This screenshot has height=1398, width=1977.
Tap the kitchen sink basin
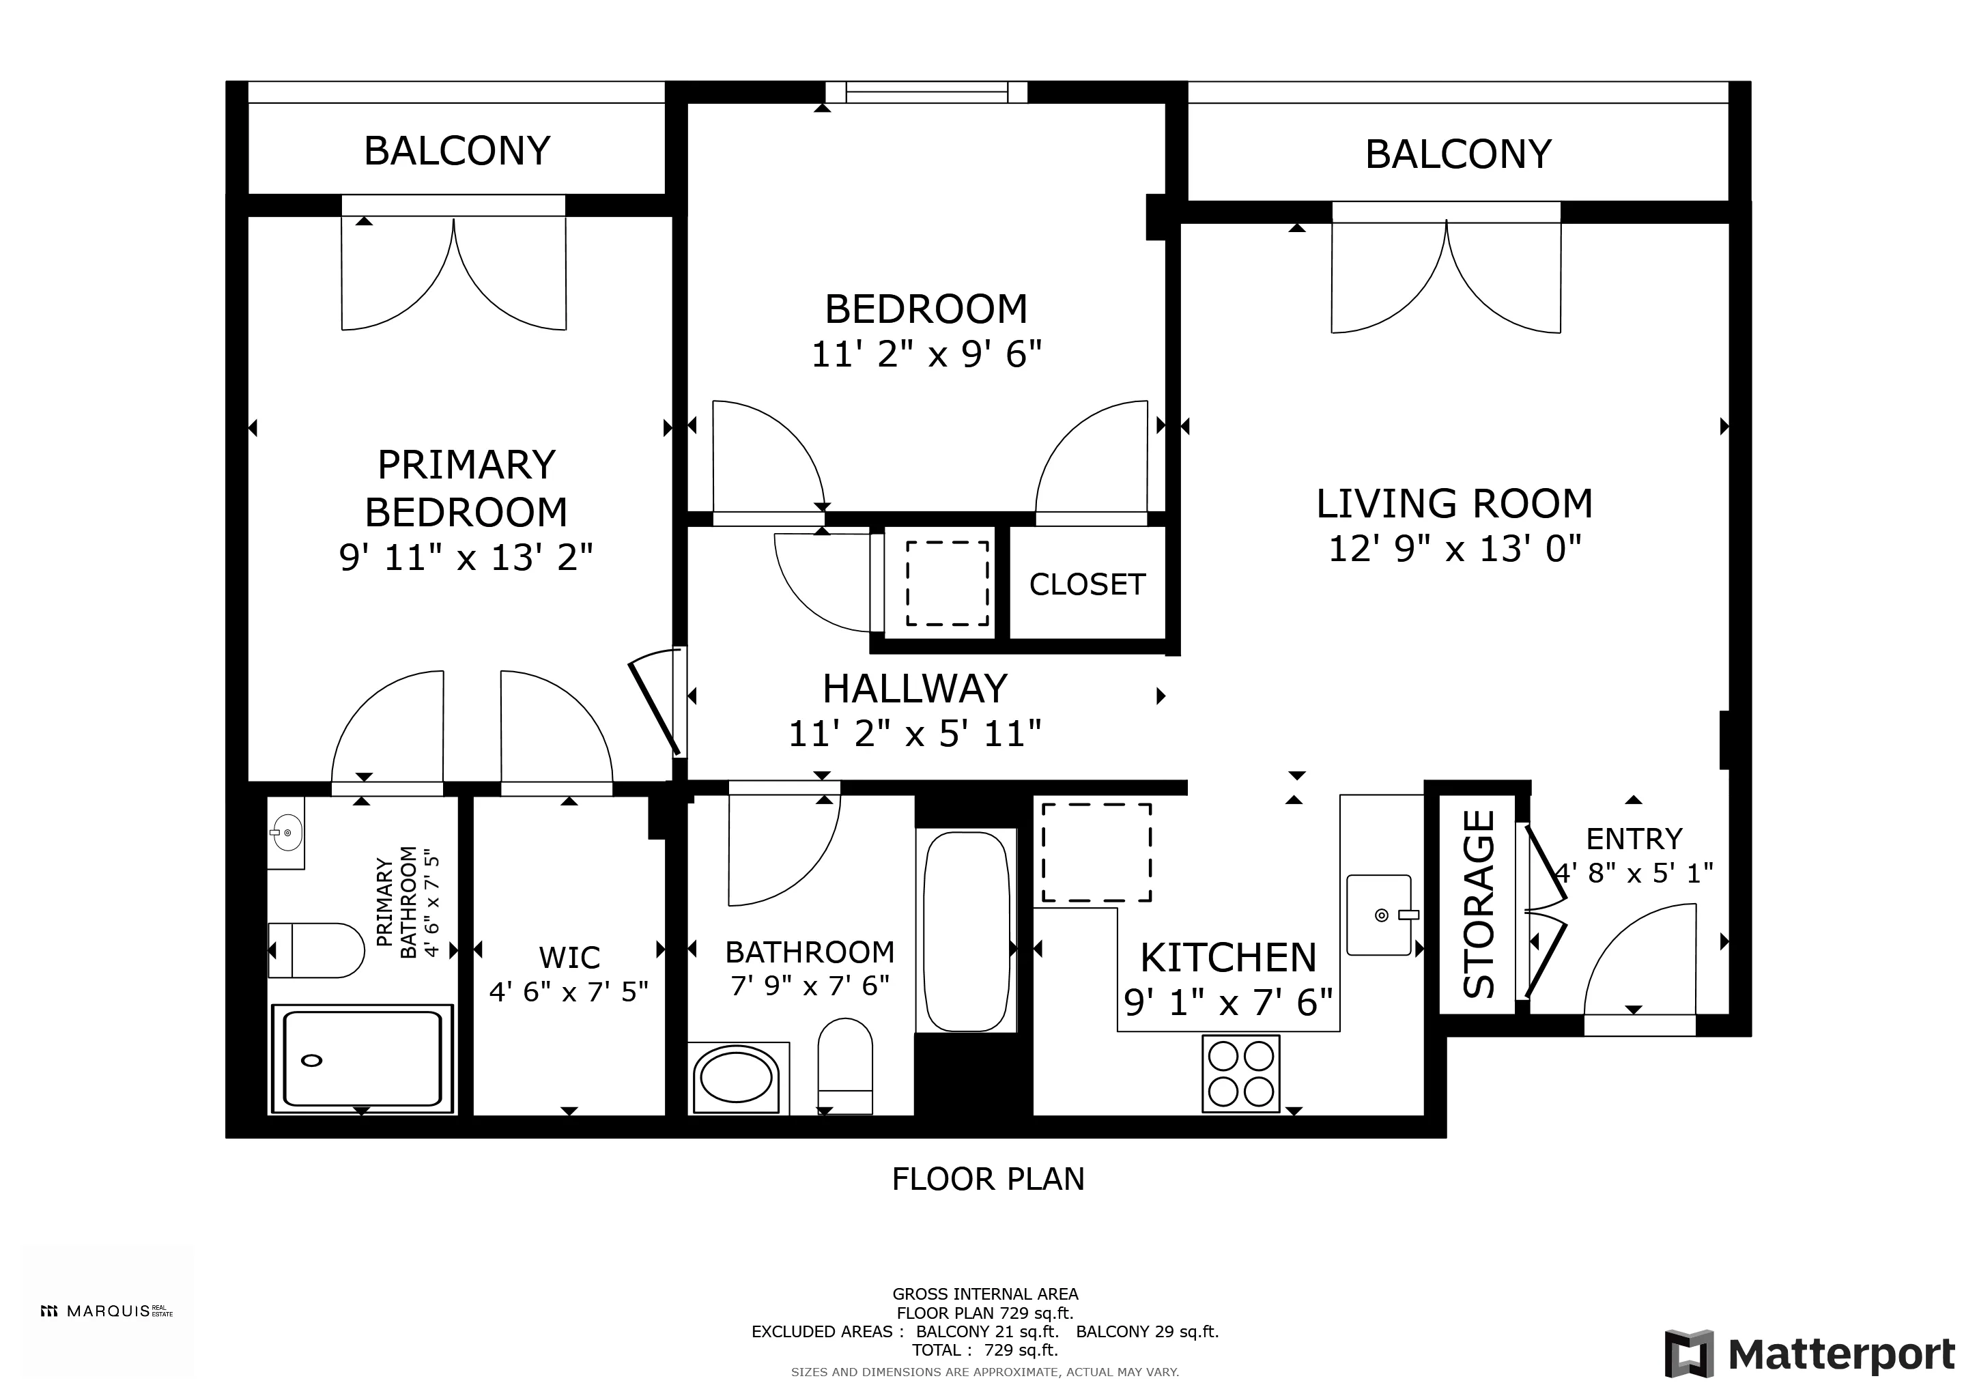click(1378, 915)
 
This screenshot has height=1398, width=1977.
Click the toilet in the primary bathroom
click(317, 950)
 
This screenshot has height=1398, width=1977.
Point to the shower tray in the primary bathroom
click(362, 1059)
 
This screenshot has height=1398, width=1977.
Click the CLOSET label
click(1087, 584)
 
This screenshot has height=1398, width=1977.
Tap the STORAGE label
click(1479, 904)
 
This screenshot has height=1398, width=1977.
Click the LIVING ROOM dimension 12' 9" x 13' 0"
click(1454, 548)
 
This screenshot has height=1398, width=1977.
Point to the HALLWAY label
click(915, 689)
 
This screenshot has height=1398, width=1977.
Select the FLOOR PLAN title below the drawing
click(988, 1178)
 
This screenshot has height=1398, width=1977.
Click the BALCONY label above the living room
click(1457, 154)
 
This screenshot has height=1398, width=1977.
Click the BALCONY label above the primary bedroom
click(457, 151)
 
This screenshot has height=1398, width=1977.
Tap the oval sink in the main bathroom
click(735, 1076)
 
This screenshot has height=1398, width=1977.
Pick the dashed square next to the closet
click(946, 584)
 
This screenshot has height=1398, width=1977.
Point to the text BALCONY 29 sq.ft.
click(1147, 1332)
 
